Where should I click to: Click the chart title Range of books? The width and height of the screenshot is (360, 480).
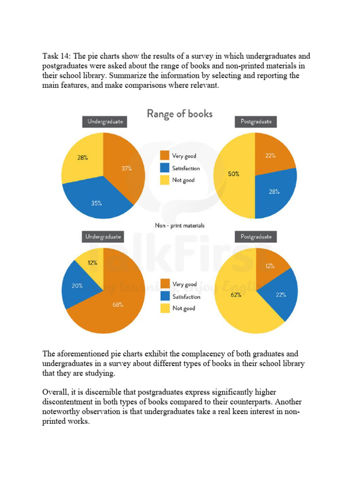tap(180, 114)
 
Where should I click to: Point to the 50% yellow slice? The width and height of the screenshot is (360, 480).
tap(233, 174)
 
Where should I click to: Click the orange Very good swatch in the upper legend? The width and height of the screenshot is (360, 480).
tap(165, 156)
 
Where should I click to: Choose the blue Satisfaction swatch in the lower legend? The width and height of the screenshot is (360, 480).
tap(165, 296)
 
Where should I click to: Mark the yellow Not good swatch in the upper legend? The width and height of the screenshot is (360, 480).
tap(165, 180)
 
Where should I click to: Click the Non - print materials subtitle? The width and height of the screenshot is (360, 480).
tap(180, 225)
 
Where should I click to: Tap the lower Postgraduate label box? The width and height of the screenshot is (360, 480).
tap(255, 237)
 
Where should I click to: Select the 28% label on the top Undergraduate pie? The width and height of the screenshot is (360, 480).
tap(82, 158)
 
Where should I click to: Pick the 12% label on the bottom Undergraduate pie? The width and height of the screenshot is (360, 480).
tap(92, 263)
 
